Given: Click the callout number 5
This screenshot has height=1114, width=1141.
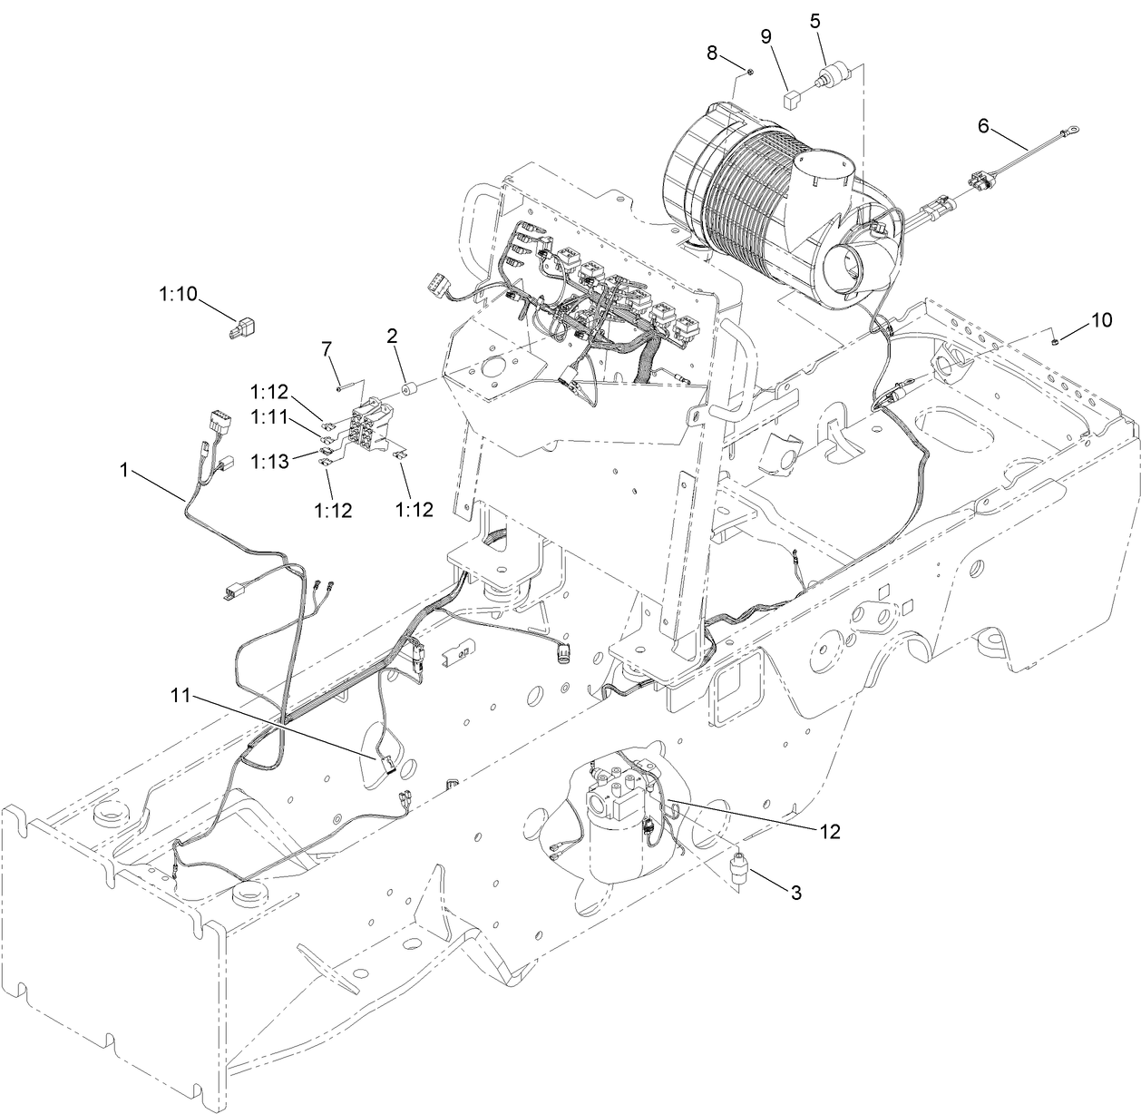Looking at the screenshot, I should (817, 20).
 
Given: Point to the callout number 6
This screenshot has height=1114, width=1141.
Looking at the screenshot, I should (982, 126).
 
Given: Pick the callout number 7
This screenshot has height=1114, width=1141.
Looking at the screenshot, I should (328, 349).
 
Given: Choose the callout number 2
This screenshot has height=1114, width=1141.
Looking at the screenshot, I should (392, 336).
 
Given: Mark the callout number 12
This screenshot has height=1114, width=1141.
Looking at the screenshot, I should (829, 830).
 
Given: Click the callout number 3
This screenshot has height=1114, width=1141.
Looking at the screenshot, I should (795, 893).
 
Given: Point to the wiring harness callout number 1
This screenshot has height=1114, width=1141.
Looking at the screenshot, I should (124, 469).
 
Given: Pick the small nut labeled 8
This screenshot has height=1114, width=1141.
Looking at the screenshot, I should (750, 73).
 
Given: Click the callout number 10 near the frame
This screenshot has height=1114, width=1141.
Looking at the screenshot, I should (1100, 320).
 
